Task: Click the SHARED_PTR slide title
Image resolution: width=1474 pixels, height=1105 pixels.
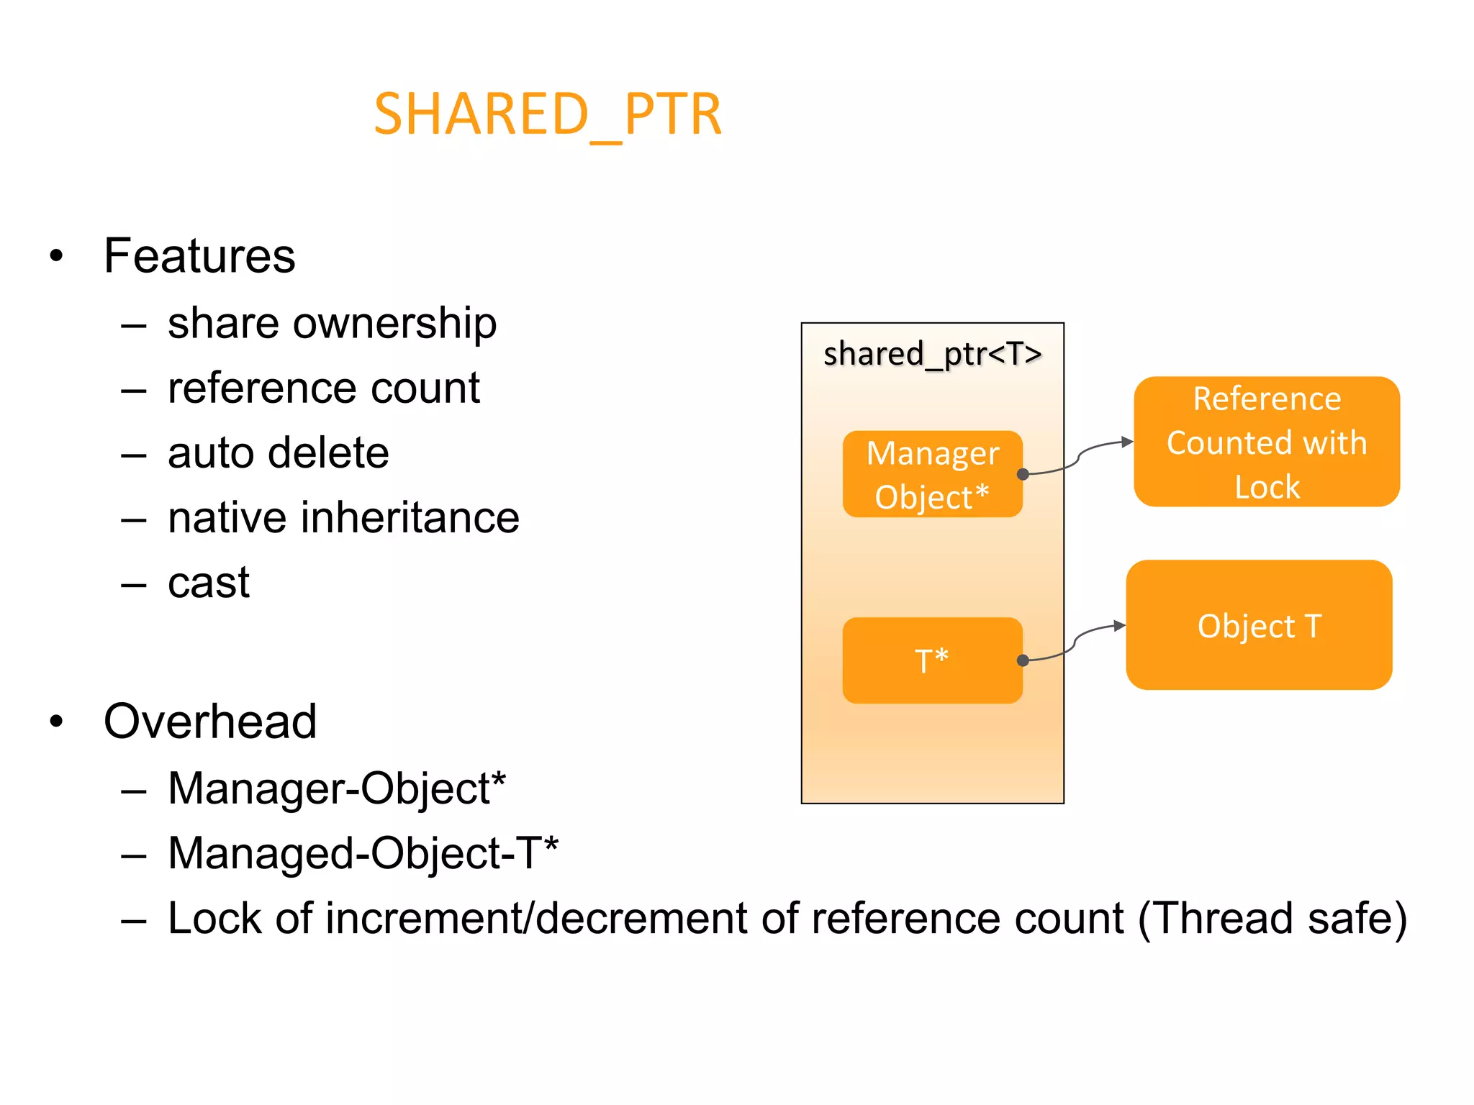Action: (x=547, y=115)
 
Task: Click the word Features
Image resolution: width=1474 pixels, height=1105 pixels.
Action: (x=199, y=256)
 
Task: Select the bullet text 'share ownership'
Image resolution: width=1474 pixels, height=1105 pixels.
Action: (x=332, y=323)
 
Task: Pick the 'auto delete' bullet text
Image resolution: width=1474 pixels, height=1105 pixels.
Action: (x=278, y=453)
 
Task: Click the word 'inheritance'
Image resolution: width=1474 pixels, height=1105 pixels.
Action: (x=410, y=518)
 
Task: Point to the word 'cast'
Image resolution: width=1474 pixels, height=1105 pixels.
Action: (x=209, y=583)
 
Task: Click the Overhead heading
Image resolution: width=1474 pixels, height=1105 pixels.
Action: (x=210, y=722)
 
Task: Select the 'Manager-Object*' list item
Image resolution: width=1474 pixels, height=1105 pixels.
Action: (x=337, y=788)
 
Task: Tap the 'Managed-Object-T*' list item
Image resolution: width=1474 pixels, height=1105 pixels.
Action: (x=363, y=853)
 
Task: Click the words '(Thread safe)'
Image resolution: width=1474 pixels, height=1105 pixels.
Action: (x=1272, y=919)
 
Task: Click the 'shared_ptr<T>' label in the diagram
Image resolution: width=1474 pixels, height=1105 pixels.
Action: (x=932, y=354)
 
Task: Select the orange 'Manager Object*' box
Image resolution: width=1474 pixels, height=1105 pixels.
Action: (x=932, y=474)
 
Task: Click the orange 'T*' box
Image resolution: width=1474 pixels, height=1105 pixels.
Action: (x=932, y=660)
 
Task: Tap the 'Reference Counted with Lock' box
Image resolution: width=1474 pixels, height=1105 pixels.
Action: (x=1267, y=442)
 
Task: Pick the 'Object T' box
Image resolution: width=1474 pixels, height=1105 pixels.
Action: (x=1259, y=625)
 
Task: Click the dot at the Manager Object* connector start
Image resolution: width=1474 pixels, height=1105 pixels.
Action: (x=1023, y=474)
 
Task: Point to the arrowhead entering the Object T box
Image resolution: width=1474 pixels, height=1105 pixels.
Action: (x=1120, y=625)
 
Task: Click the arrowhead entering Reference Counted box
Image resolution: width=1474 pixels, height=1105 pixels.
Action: (x=1128, y=442)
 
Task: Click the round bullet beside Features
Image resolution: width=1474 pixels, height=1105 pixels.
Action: (x=56, y=256)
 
